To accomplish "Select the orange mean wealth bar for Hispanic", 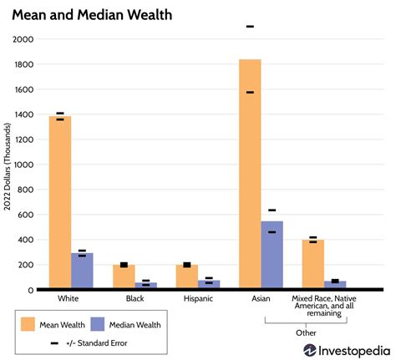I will (186, 277).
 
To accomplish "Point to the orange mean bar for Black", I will (124, 277).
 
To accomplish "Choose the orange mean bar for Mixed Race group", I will (313, 265).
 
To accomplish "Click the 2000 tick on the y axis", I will (25, 39).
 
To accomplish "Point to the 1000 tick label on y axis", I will (25, 165).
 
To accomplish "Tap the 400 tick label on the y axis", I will (28, 240).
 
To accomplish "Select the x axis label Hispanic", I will (198, 298).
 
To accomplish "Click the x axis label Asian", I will (261, 298).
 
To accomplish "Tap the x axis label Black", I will (135, 298).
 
